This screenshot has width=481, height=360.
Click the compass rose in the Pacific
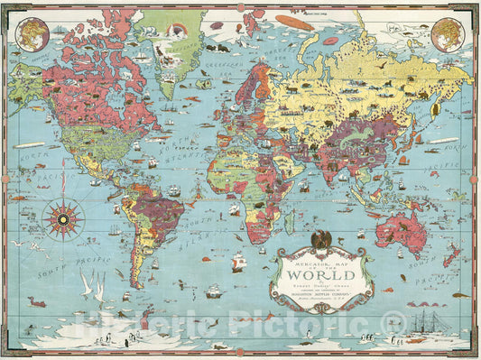63,217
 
